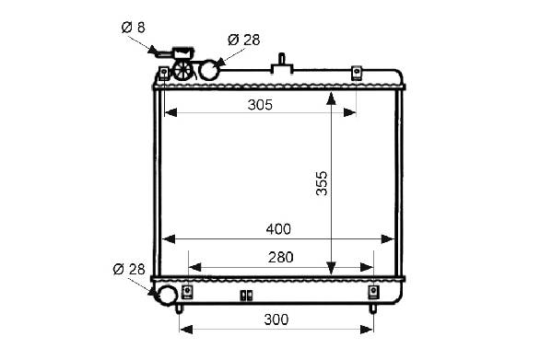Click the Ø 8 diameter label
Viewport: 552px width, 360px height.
pos(133,27)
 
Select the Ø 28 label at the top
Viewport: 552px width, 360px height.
pos(243,40)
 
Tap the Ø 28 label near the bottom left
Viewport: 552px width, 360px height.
pos(129,269)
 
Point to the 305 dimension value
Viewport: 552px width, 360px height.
pos(260,105)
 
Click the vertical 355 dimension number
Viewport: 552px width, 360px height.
pos(322,183)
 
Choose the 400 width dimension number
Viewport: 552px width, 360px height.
pos(278,229)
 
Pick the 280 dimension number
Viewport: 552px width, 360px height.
pos(280,258)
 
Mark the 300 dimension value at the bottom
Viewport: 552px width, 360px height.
pos(276,319)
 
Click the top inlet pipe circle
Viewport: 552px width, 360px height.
pos(209,70)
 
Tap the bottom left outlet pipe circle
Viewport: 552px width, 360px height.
pos(166,295)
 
